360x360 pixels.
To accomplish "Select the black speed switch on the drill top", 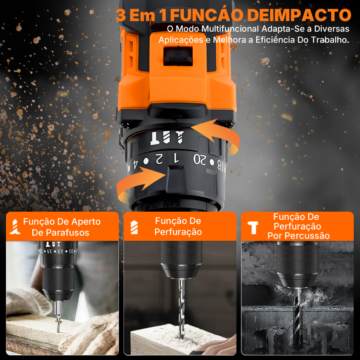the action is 178,56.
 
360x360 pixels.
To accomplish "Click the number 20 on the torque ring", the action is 200,159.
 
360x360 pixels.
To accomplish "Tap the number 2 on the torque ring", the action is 159,159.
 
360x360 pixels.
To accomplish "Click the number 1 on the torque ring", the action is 176,158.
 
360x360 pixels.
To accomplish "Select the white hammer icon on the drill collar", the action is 155,138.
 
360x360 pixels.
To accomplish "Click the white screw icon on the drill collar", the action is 179,137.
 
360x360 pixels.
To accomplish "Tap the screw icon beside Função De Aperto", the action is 15,227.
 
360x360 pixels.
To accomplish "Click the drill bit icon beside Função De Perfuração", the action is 134,227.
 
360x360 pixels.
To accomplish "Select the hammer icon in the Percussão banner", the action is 253,228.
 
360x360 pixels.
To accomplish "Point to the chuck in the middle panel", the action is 181,260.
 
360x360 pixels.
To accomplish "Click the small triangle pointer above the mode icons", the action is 177,118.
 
